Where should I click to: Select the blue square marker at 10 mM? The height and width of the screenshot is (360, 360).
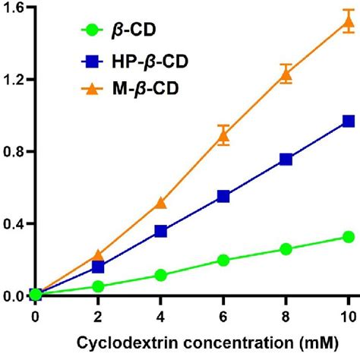coord(349,121)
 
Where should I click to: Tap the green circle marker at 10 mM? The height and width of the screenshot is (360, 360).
coord(349,237)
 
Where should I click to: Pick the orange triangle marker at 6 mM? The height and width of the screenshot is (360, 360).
coord(223,135)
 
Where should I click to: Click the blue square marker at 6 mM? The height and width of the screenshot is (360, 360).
coord(223,196)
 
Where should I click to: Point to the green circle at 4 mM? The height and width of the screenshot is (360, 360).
coord(160,275)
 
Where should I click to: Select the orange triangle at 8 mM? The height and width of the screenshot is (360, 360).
coord(286,73)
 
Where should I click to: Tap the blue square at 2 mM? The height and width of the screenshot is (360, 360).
coord(98,267)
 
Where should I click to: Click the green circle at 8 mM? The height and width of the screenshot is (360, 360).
coord(286,249)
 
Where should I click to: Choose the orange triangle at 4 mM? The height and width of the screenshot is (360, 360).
coord(160,202)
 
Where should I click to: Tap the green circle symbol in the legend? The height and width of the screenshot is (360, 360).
coord(93,30)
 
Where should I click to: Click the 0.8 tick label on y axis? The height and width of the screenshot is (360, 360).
coord(14,152)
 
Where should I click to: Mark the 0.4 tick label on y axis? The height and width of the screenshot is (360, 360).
coord(14,224)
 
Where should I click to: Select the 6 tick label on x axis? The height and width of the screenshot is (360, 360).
coord(223,314)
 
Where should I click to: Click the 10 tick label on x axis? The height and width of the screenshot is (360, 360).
coord(348,314)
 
